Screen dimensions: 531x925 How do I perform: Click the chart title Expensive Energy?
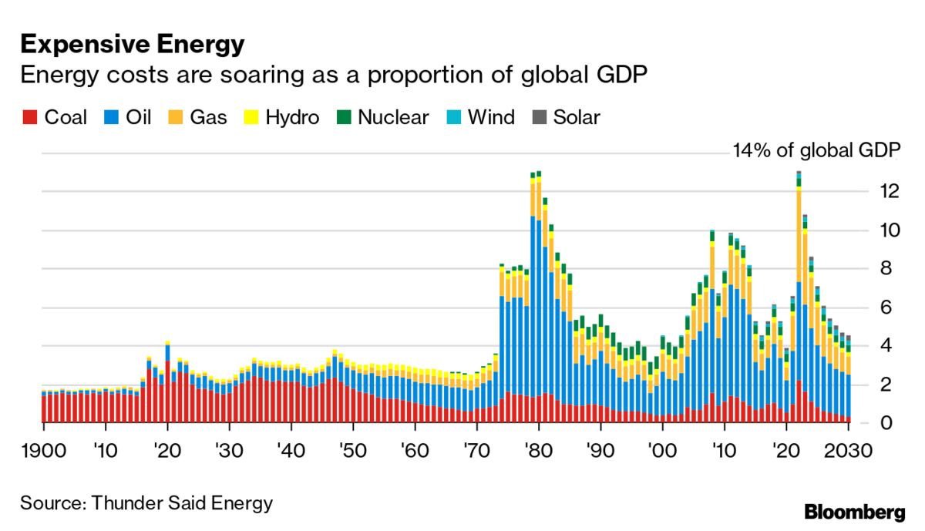point(133,45)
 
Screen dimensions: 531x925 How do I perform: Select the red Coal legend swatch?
point(29,118)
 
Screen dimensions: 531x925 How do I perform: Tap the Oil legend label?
point(137,118)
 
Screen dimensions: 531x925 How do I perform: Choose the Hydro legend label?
point(291,118)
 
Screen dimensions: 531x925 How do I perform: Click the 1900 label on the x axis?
point(44,450)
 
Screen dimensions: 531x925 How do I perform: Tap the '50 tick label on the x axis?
point(352,450)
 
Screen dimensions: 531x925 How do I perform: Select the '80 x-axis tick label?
point(538,450)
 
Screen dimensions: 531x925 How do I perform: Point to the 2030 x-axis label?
point(847,450)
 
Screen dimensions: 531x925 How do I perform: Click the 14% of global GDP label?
point(816,151)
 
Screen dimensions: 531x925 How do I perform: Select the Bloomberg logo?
point(854,511)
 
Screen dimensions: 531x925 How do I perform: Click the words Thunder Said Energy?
point(182,503)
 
